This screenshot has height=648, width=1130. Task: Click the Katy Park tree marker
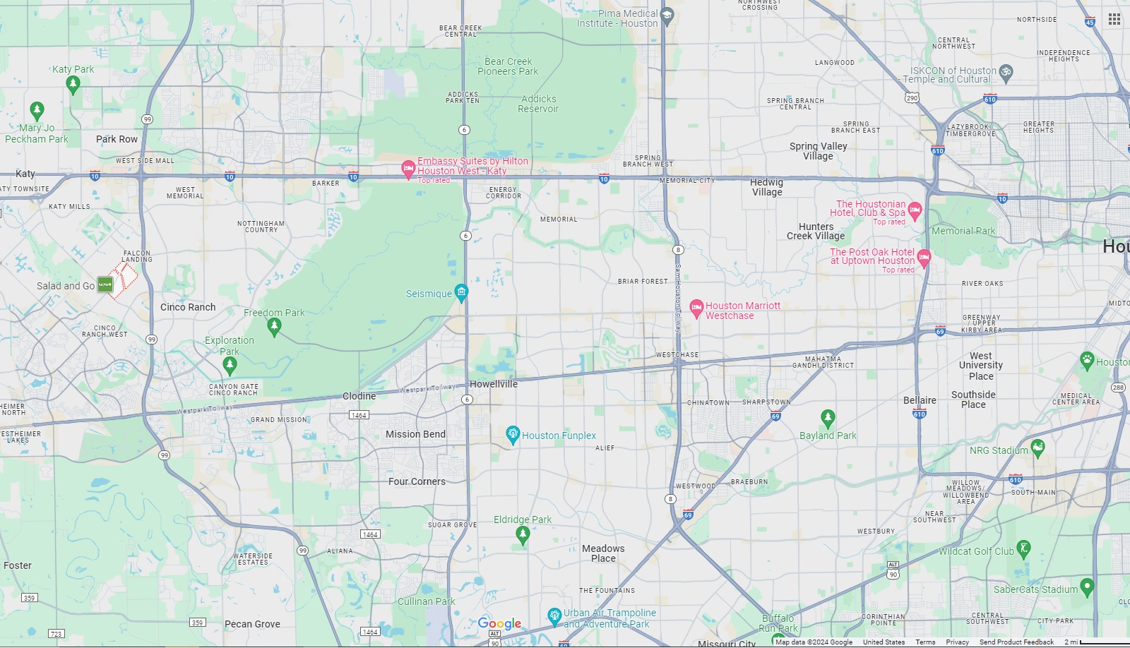point(72,84)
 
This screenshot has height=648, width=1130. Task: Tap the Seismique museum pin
point(461,292)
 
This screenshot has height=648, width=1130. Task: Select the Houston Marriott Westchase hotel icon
point(696,307)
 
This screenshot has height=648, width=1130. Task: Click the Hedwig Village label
point(767,187)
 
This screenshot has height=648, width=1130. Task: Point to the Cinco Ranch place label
point(188,307)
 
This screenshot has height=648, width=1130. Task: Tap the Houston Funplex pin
point(513,434)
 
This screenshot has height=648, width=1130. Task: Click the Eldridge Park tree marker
point(523,534)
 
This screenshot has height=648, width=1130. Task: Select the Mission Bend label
point(415,434)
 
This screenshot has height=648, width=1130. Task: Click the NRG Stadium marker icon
point(1037,447)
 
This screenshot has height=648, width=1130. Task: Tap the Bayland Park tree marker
point(828,418)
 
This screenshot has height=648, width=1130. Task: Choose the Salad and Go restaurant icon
point(105,284)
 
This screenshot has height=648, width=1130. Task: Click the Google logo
point(499,623)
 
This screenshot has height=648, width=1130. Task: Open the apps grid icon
point(1114,19)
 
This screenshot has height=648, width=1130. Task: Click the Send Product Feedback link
point(1016,642)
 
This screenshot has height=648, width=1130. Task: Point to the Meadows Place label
point(603,553)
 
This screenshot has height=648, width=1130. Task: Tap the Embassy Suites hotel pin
point(408,169)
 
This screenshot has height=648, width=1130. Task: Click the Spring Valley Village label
point(818,151)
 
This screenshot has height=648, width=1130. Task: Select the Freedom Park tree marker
point(275,325)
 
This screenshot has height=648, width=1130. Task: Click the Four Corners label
point(417,481)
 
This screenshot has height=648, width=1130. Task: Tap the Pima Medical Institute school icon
point(667,16)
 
